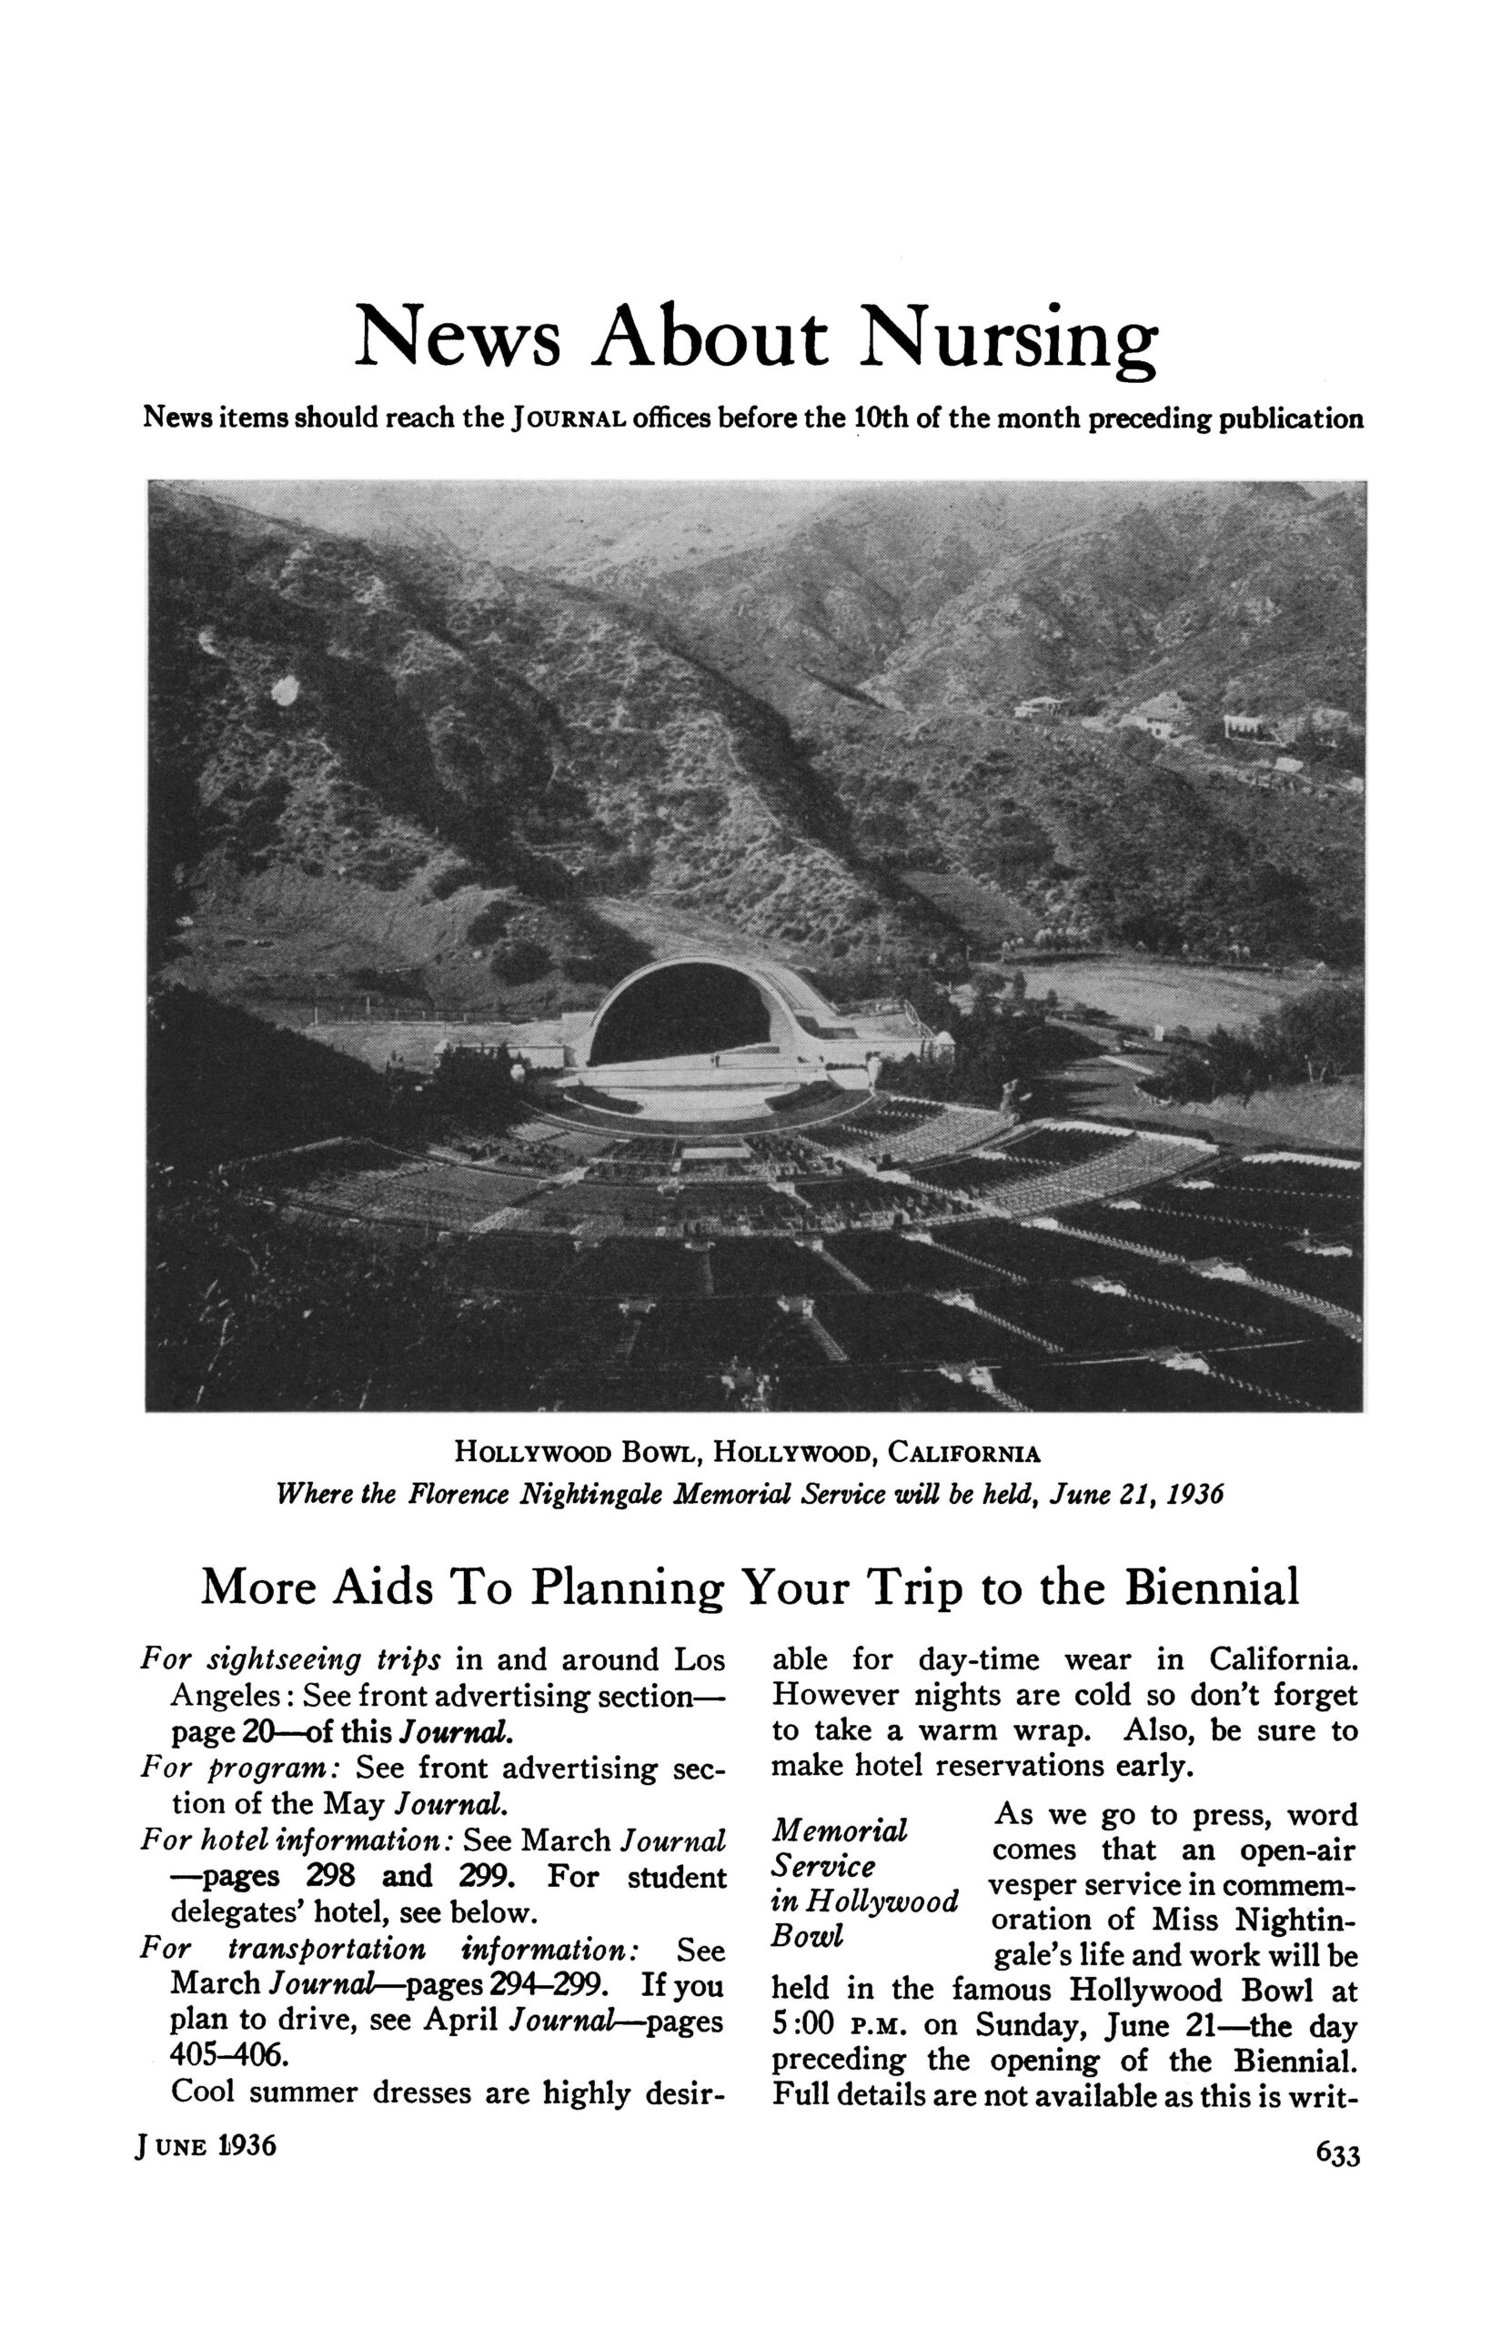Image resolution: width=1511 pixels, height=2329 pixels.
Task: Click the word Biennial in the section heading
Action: pos(1211,1588)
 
